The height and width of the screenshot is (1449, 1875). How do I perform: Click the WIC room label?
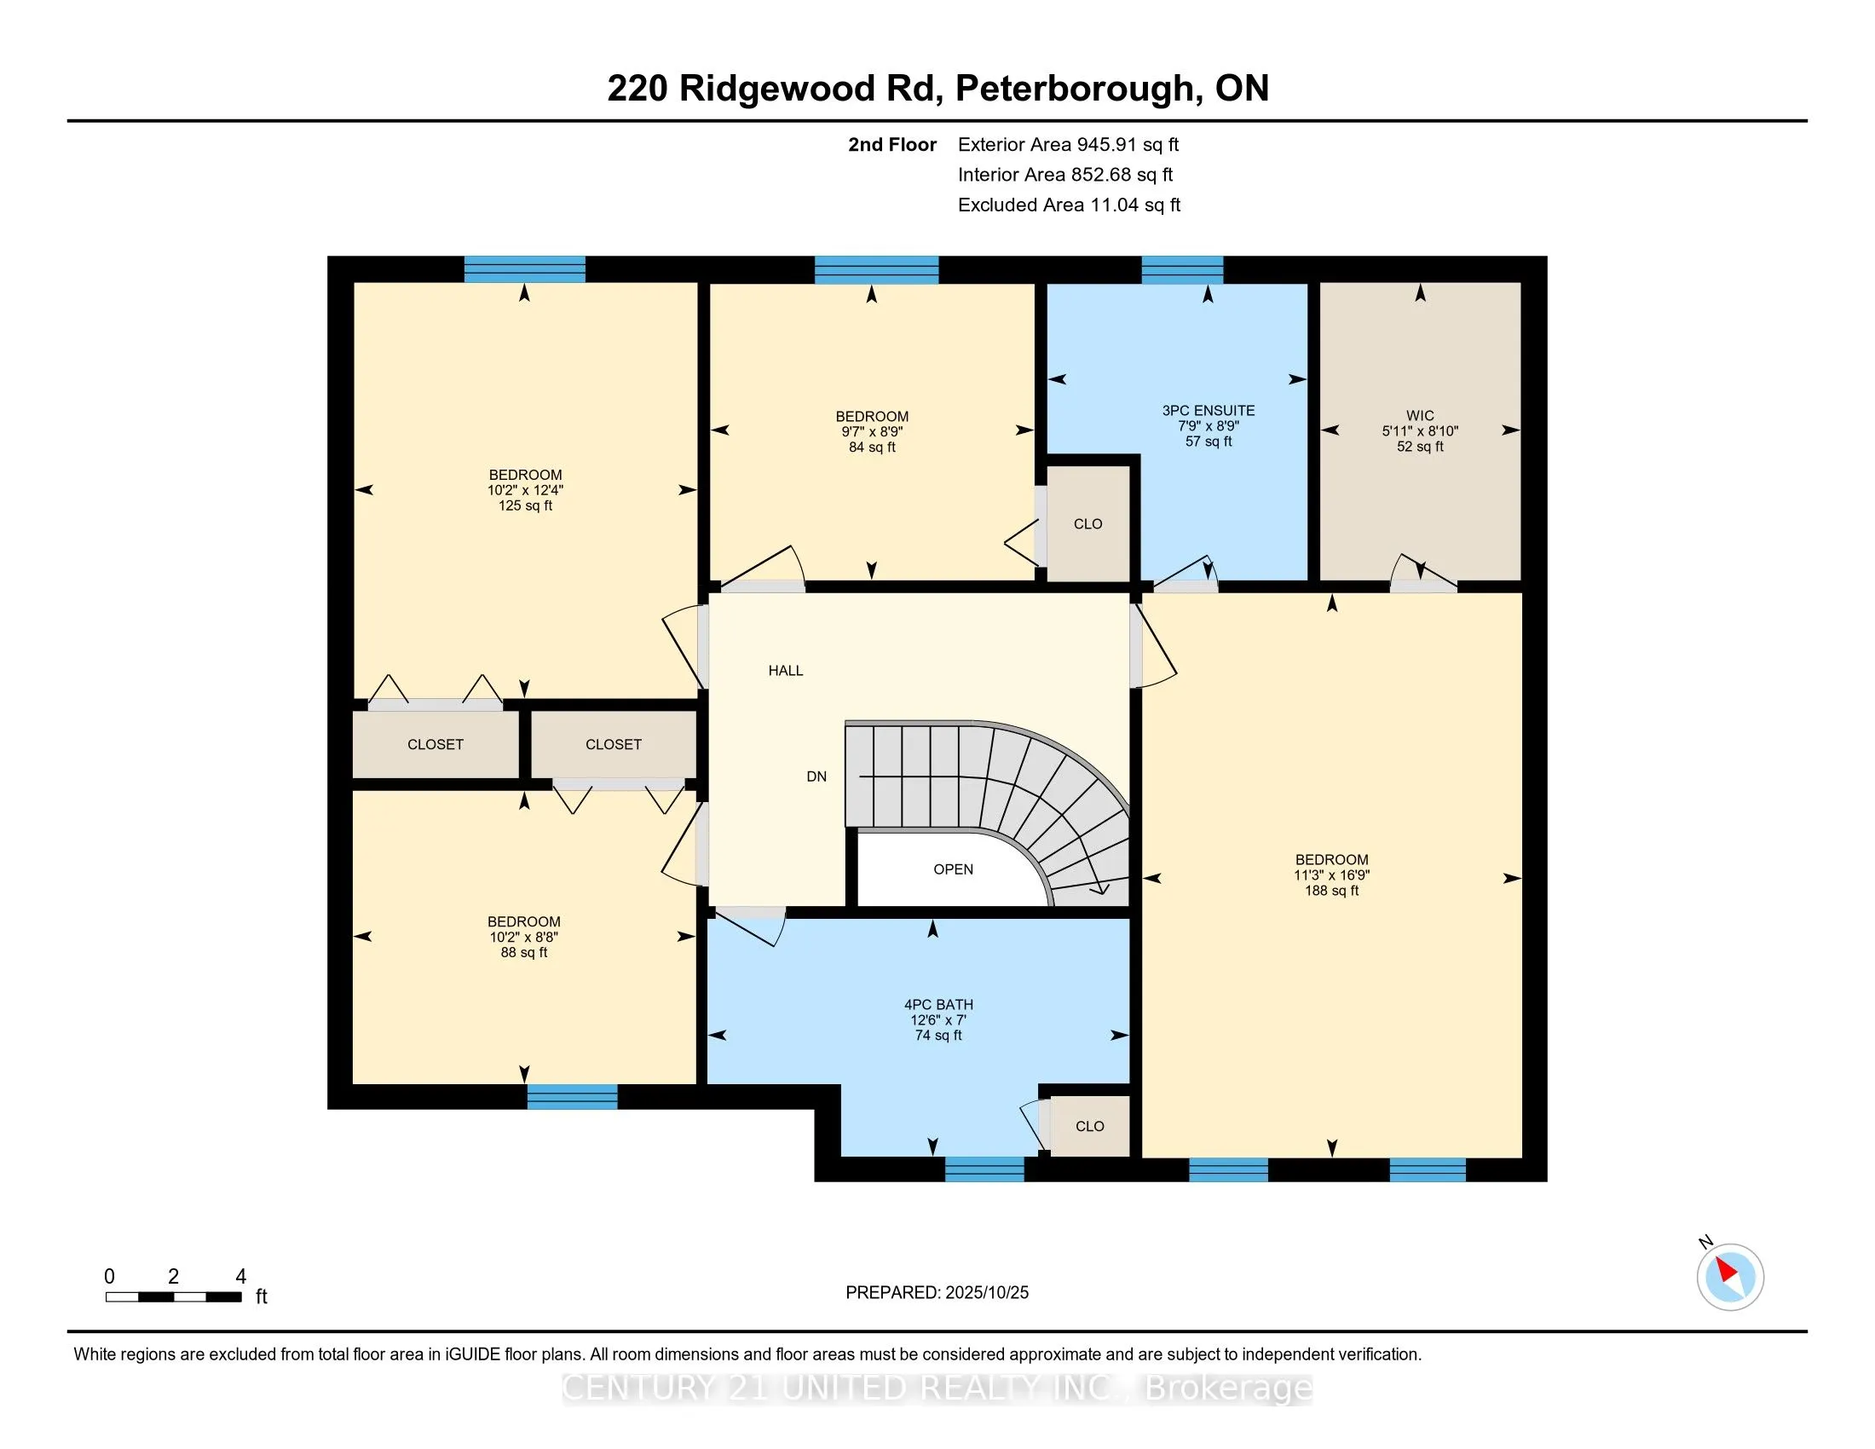coord(1420,415)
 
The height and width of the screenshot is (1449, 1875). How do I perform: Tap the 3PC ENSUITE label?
coord(1208,411)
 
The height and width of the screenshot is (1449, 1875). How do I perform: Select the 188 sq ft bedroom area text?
coord(1331,891)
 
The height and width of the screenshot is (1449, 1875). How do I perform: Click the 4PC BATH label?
coord(938,1004)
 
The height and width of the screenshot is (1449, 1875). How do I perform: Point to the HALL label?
coord(786,671)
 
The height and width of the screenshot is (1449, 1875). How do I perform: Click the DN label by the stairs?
coord(816,776)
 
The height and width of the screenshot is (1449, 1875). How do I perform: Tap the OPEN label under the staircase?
coord(953,869)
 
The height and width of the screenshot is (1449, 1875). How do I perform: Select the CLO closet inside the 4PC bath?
coord(1089,1126)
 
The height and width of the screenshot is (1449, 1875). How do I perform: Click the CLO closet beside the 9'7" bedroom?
coord(1087,523)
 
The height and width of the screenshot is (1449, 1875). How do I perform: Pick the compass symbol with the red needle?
coord(1730,1277)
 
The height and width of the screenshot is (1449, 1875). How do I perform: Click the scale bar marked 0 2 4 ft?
coord(173,1297)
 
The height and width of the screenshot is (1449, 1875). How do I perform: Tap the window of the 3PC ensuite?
coord(1182,269)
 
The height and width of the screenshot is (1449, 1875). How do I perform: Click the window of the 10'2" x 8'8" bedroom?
coord(572,1097)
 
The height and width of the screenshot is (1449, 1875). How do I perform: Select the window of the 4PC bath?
coord(984,1169)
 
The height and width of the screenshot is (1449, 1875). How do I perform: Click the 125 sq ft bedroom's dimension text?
coord(524,490)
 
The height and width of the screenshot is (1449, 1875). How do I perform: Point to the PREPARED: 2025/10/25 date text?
coord(937,1293)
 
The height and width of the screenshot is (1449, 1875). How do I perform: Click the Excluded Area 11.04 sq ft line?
coord(1069,205)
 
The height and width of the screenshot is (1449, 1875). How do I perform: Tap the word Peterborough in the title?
coord(1074,89)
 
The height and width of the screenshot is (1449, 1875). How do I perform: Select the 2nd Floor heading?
coord(891,145)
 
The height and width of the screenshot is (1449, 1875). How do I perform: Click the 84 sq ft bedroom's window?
coord(875,269)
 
